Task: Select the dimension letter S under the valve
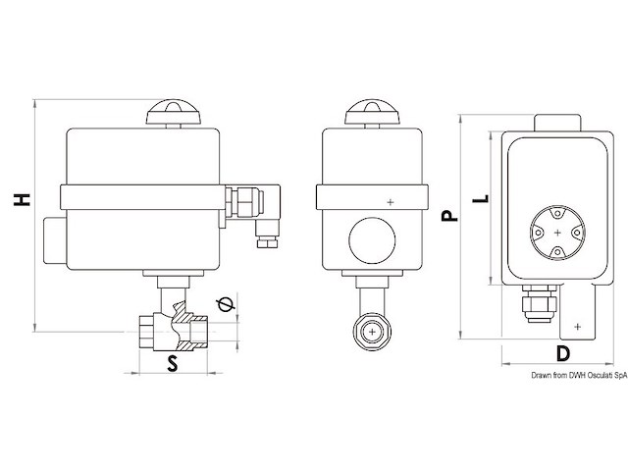172,365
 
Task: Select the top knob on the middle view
373,115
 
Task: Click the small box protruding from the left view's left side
51,241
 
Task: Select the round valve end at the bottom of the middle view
373,333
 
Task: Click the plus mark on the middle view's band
392,202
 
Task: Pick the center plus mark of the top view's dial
557,233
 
